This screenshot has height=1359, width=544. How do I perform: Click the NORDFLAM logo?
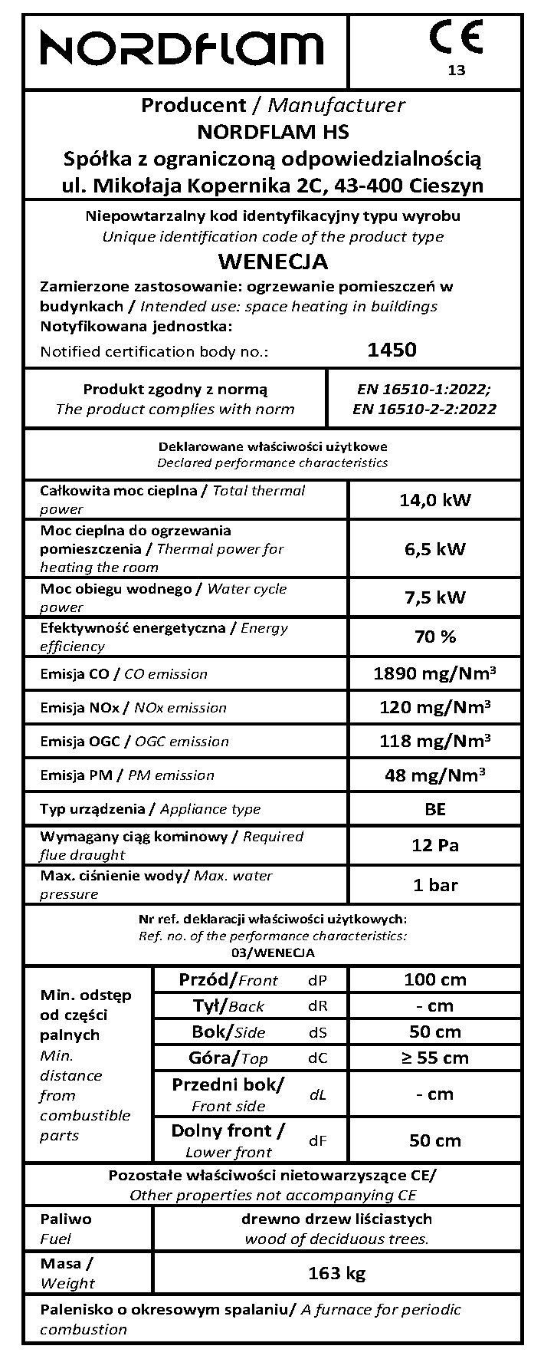(x=182, y=49)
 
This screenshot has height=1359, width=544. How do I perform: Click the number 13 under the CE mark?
(x=456, y=71)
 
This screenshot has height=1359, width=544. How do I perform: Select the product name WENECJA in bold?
(x=273, y=262)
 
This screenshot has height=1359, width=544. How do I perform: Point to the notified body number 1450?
(x=392, y=350)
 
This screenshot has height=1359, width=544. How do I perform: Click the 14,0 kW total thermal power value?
(x=435, y=500)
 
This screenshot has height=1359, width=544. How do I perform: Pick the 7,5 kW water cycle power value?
(x=435, y=597)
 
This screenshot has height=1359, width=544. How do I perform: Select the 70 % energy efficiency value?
(x=435, y=637)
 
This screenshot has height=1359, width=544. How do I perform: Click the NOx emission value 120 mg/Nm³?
(x=435, y=707)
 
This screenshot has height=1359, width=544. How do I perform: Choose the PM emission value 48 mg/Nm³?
(x=435, y=775)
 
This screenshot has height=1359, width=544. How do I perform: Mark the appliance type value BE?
(x=435, y=809)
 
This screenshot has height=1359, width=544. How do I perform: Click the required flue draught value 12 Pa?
(x=435, y=845)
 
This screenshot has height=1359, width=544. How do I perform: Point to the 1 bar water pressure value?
(x=435, y=885)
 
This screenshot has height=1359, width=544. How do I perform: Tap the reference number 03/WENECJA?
(x=273, y=953)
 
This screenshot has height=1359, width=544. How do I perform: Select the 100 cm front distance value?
(x=435, y=979)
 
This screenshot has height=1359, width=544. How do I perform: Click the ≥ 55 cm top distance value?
(x=435, y=1058)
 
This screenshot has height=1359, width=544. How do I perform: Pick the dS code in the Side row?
(x=318, y=1032)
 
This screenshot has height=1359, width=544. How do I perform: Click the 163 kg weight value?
(x=337, y=1274)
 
